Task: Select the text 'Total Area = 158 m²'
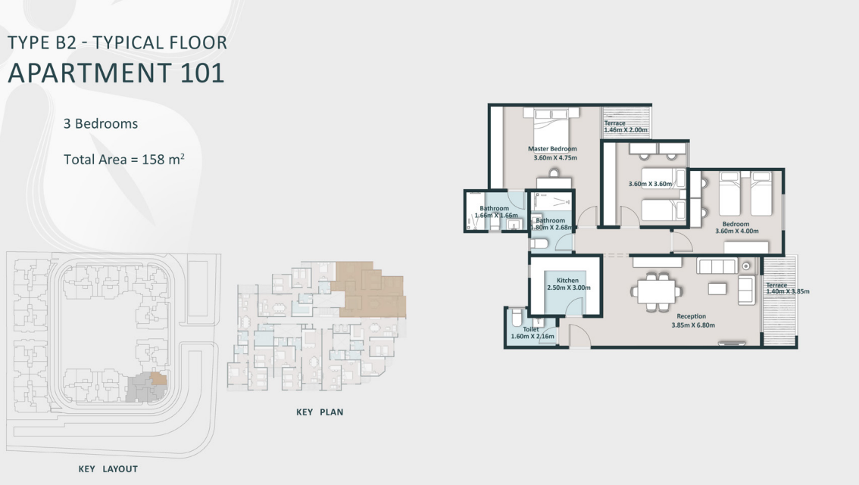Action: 125,159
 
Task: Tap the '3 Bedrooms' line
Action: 102,123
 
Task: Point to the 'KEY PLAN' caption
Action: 320,412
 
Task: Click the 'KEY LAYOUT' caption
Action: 108,469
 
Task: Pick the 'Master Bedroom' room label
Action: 552,149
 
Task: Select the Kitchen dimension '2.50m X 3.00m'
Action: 568,288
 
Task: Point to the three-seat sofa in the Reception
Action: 716,266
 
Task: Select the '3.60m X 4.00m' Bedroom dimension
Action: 736,232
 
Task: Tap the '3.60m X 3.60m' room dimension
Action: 650,184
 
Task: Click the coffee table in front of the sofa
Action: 717,288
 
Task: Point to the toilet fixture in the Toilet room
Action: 516,316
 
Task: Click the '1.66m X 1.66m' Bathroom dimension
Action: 496,216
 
